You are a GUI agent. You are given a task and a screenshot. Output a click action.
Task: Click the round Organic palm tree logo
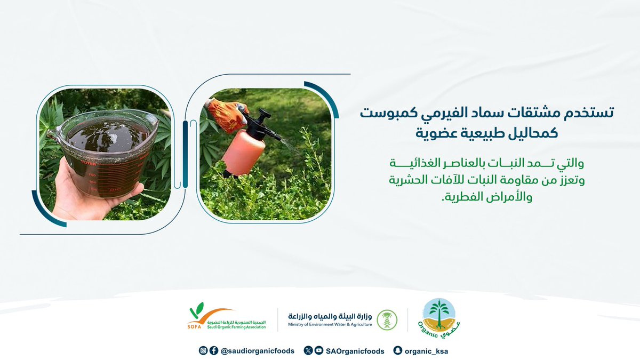[439, 319]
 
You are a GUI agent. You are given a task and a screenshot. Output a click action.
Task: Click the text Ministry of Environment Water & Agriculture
[330, 324]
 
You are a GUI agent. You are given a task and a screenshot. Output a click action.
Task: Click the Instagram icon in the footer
[203, 350]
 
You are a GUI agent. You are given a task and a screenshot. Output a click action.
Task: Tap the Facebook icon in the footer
[213, 350]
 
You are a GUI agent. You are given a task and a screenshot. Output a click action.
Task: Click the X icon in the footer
[308, 350]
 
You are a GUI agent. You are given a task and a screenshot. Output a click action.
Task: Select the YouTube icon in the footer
[318, 350]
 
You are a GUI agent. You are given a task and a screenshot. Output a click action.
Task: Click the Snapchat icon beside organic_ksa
[397, 350]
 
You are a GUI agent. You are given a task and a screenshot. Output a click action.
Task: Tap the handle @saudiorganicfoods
[257, 351]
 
